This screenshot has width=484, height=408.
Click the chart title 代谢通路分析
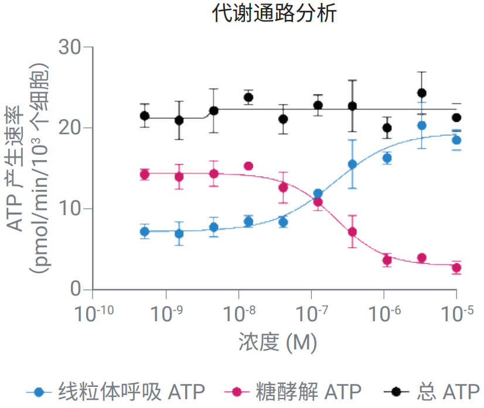click(274, 13)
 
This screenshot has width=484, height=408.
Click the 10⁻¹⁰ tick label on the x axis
click(93, 314)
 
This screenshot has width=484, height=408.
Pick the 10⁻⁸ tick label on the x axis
click(238, 314)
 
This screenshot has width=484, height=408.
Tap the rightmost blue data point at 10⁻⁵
click(456, 140)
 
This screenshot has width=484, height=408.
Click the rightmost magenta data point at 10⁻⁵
click(456, 268)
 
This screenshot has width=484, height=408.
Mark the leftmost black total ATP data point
click(144, 115)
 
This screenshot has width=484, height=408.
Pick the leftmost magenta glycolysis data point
click(144, 174)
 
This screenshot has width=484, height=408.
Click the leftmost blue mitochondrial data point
click(144, 232)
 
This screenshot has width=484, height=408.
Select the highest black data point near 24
click(421, 93)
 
